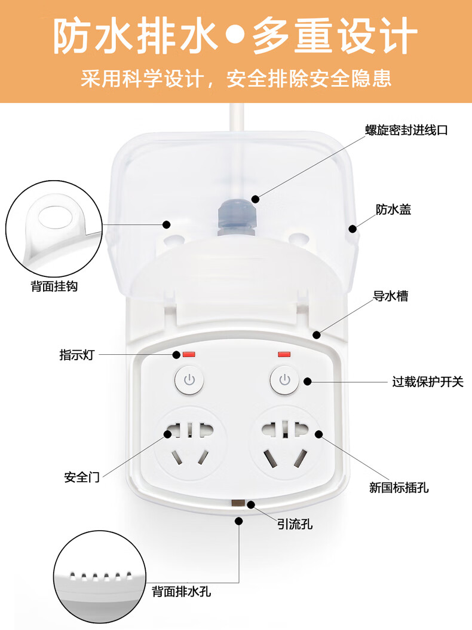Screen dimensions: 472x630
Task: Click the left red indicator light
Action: [x=189, y=354]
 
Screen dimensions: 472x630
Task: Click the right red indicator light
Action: [x=284, y=354]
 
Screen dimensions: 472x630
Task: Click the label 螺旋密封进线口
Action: [x=406, y=130]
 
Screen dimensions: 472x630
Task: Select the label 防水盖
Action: [x=393, y=209]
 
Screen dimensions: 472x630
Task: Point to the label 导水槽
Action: [x=391, y=296]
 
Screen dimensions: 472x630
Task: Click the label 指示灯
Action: [x=76, y=355]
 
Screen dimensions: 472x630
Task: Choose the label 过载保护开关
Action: [x=427, y=381]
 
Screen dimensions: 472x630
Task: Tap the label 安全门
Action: [x=82, y=477]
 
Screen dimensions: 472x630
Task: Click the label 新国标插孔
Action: [x=399, y=488]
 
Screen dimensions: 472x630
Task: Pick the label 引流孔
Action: [x=295, y=524]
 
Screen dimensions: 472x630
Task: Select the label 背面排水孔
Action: [x=182, y=592]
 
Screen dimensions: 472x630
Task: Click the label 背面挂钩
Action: [x=54, y=286]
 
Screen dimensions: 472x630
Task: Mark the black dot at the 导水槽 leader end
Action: [x=317, y=334]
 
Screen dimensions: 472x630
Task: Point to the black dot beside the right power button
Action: [x=308, y=381]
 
